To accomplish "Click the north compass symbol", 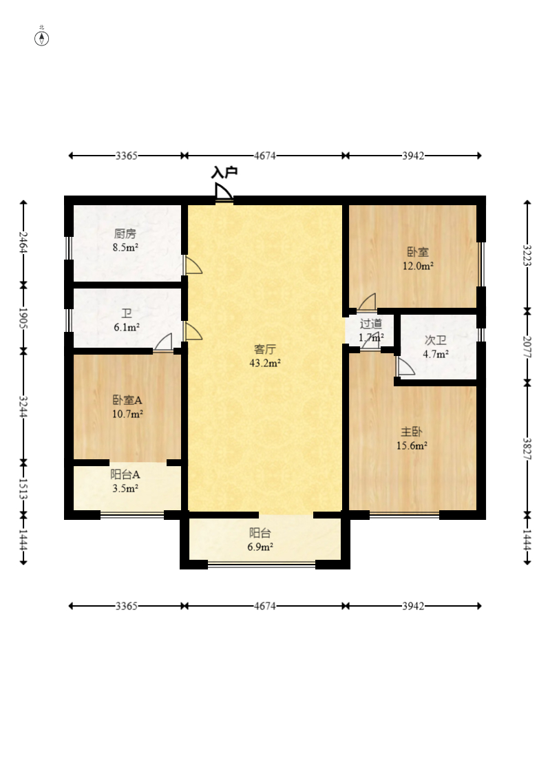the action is [x=42, y=38].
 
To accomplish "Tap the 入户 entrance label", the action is [x=224, y=172].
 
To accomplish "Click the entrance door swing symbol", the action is [x=224, y=191].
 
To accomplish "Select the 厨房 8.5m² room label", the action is [x=125, y=240].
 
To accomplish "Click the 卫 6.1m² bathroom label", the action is [x=127, y=320].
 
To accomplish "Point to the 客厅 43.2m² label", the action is [x=265, y=356].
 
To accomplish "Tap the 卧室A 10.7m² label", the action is [x=127, y=407].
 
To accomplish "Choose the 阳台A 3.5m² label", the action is [x=125, y=481].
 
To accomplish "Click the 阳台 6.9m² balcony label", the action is [x=260, y=540].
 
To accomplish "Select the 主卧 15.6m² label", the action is [x=412, y=438].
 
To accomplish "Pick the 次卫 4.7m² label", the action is [x=436, y=347].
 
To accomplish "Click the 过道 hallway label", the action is [x=370, y=324].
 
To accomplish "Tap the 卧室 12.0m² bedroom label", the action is [x=418, y=259].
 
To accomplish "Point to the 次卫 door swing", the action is [x=405, y=366].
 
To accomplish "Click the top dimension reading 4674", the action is [x=265, y=156].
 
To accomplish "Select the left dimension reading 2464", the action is [x=23, y=242].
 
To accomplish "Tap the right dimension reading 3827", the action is [x=527, y=449].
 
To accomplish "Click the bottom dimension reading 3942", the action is [x=413, y=606].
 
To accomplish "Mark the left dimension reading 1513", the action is [x=23, y=489].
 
